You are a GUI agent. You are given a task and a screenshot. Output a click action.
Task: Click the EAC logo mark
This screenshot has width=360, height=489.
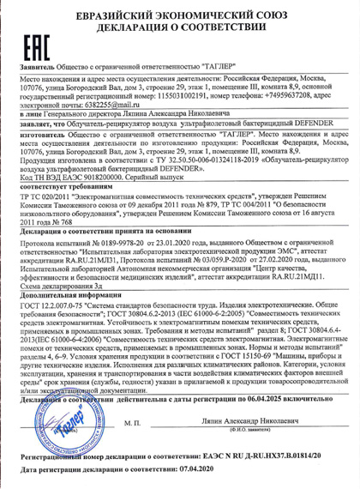click(x=36, y=42)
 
